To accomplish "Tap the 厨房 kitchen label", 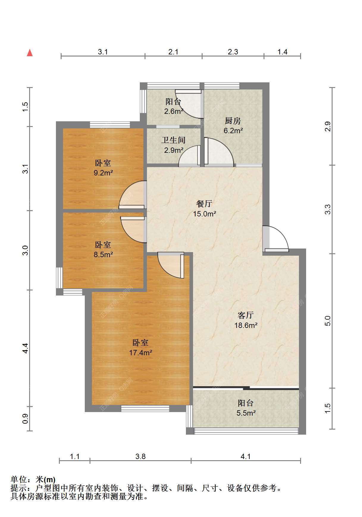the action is coord(233,121).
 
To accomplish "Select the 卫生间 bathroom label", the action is coord(173,140).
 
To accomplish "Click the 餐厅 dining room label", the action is coord(204,204).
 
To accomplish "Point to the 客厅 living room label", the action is coord(246,315).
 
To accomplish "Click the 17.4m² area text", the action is coord(141,353).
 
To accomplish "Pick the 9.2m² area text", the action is coord(103,173).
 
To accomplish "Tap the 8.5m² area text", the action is coord(103,255).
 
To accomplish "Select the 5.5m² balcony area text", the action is coord(246,413).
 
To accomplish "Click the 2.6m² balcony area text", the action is coord(174,111).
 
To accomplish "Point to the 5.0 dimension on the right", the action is coord(327,321).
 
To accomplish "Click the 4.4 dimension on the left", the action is coord(26,348).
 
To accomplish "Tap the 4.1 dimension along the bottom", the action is coord(245,456).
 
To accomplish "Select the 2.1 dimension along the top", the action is coord(173,52).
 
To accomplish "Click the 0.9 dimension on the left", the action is coord(26,419).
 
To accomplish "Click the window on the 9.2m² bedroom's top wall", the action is coord(110,125).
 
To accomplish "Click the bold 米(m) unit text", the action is coord(46,480).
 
